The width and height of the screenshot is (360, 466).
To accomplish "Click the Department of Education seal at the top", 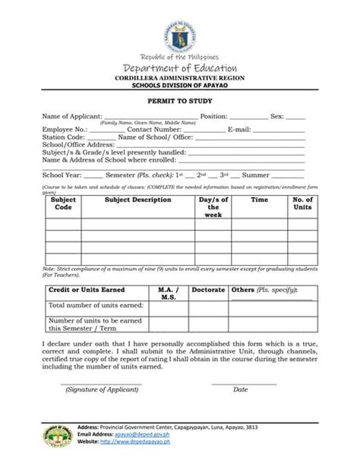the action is pos(179,35).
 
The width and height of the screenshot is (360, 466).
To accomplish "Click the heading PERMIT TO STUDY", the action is pos(179,100).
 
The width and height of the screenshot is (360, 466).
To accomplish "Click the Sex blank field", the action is pos(295,118).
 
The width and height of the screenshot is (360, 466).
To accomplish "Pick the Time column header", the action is pos(260,200).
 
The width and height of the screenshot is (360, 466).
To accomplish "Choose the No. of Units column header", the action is pos(302,203).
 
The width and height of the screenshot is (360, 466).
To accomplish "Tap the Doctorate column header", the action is pos(208,290).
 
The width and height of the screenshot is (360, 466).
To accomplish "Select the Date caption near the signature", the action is pos(241,389).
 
